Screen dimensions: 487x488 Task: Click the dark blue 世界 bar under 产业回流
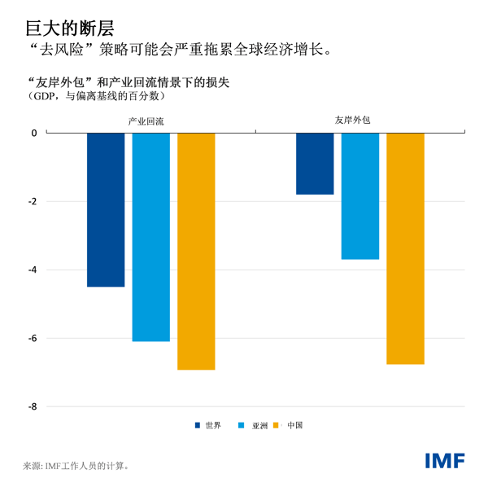tap(106, 209)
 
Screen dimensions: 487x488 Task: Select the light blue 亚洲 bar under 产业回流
tap(150, 236)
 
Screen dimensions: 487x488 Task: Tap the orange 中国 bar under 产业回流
tap(196, 251)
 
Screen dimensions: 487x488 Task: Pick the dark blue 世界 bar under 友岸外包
tap(315, 164)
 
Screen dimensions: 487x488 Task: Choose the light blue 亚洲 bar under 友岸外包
tap(360, 195)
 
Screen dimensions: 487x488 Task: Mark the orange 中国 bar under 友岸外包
tap(405, 248)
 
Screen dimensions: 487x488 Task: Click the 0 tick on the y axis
tap(33, 133)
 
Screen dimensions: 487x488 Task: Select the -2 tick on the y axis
tap(32, 201)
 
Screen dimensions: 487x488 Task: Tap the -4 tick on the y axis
tap(32, 270)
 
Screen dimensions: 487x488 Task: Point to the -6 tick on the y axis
tap(32, 338)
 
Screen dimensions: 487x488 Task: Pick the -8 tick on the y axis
tap(32, 406)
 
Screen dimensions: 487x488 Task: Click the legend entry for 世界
tap(208, 425)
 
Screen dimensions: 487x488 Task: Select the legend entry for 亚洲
tap(253, 425)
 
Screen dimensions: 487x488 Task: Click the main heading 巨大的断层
tap(69, 28)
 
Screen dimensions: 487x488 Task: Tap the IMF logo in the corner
tap(445, 460)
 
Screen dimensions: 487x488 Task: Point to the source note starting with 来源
tap(76, 467)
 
